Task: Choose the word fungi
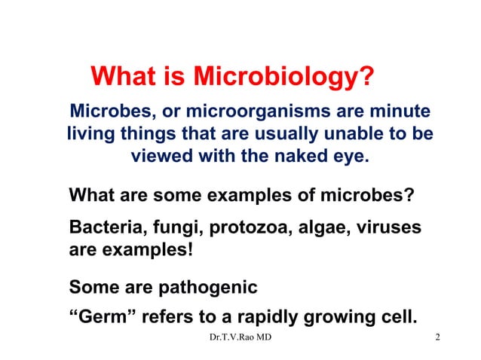[x=177, y=227]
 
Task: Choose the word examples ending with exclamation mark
[x=147, y=248]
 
